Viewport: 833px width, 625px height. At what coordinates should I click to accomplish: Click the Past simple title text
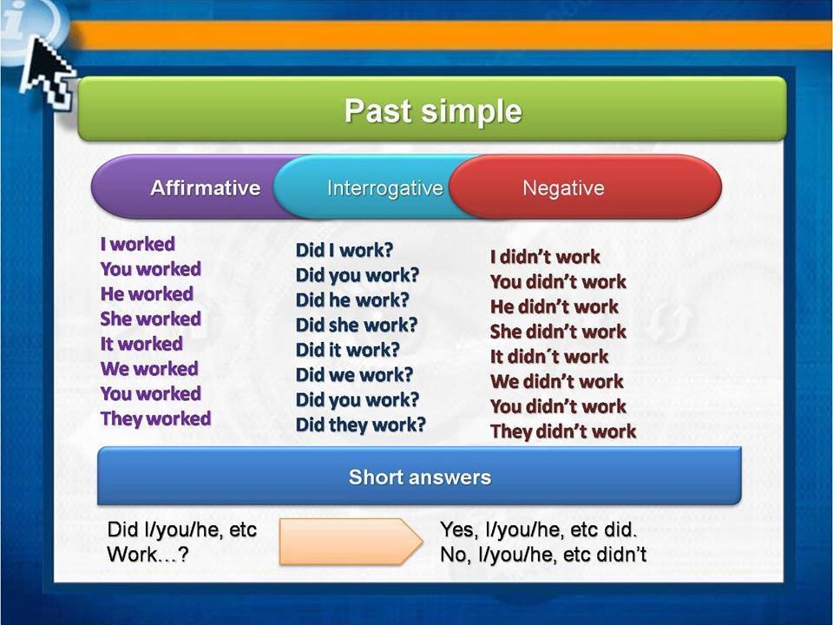pyautogui.click(x=433, y=112)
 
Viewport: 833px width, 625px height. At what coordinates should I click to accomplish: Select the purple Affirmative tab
pyautogui.click(x=205, y=188)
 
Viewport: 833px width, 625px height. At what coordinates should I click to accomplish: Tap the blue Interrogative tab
pyautogui.click(x=384, y=188)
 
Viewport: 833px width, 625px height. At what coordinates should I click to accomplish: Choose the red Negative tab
pyautogui.click(x=563, y=188)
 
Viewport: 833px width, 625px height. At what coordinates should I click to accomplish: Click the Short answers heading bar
pyautogui.click(x=419, y=477)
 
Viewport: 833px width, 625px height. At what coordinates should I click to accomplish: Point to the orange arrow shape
pyautogui.click(x=350, y=542)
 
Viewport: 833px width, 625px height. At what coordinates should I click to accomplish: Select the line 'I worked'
pyautogui.click(x=137, y=244)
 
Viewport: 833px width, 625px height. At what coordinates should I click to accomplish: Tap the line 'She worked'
pyautogui.click(x=150, y=319)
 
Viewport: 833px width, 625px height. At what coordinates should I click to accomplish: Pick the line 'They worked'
pyautogui.click(x=155, y=418)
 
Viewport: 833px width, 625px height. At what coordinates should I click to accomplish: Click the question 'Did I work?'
pyautogui.click(x=344, y=250)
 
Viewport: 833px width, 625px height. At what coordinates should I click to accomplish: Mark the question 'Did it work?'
pyautogui.click(x=348, y=350)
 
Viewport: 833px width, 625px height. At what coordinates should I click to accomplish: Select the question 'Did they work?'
pyautogui.click(x=361, y=424)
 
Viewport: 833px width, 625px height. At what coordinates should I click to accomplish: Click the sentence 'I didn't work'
pyautogui.click(x=545, y=257)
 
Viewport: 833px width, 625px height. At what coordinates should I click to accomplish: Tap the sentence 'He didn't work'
pyautogui.click(x=554, y=306)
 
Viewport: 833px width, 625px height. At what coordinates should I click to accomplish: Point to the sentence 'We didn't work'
pyautogui.click(x=556, y=381)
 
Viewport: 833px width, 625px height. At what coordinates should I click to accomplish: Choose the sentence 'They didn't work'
pyautogui.click(x=562, y=431)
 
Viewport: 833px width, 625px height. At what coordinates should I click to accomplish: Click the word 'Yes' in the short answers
pyautogui.click(x=456, y=530)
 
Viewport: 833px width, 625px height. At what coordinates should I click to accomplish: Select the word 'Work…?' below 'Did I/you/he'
pyautogui.click(x=148, y=555)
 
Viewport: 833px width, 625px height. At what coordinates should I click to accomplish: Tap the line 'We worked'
pyautogui.click(x=149, y=369)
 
